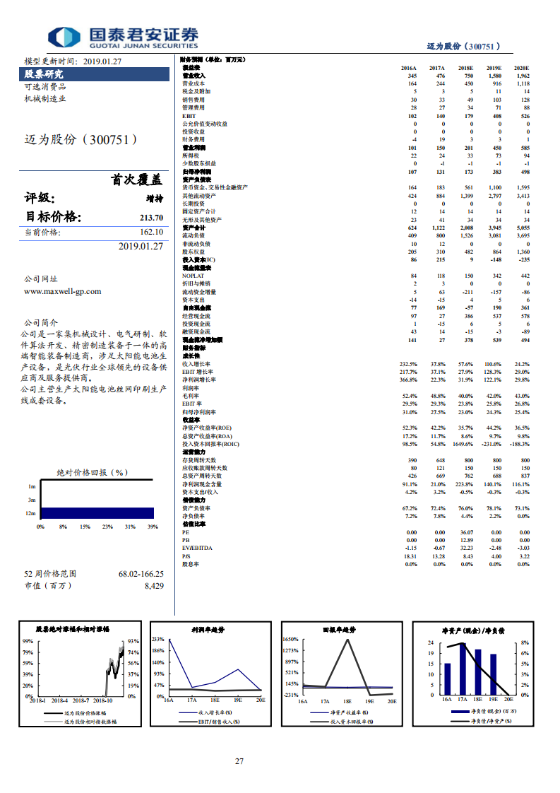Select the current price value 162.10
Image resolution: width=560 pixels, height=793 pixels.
coord(151,232)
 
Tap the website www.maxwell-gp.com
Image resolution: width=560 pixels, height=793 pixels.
coord(62,291)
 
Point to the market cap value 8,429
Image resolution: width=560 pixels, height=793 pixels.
coord(154,585)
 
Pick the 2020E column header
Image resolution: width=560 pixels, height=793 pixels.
coord(521,68)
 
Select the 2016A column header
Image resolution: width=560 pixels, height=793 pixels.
coord(409,68)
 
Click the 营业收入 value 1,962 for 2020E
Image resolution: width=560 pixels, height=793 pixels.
coord(523,76)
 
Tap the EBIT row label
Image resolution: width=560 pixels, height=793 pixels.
coord(189,115)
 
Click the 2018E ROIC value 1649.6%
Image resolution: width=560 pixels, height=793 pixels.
coord(463,444)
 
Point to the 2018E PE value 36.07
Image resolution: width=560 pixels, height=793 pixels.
coord(466,532)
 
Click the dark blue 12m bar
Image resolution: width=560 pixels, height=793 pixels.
coord(97,513)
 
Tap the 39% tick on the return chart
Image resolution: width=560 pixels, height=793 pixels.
coord(153,527)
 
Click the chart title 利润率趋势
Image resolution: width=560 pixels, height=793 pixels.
coord(208,629)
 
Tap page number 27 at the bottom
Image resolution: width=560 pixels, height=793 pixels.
coord(239,761)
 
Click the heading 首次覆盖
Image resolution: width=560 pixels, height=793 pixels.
coord(136,180)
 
